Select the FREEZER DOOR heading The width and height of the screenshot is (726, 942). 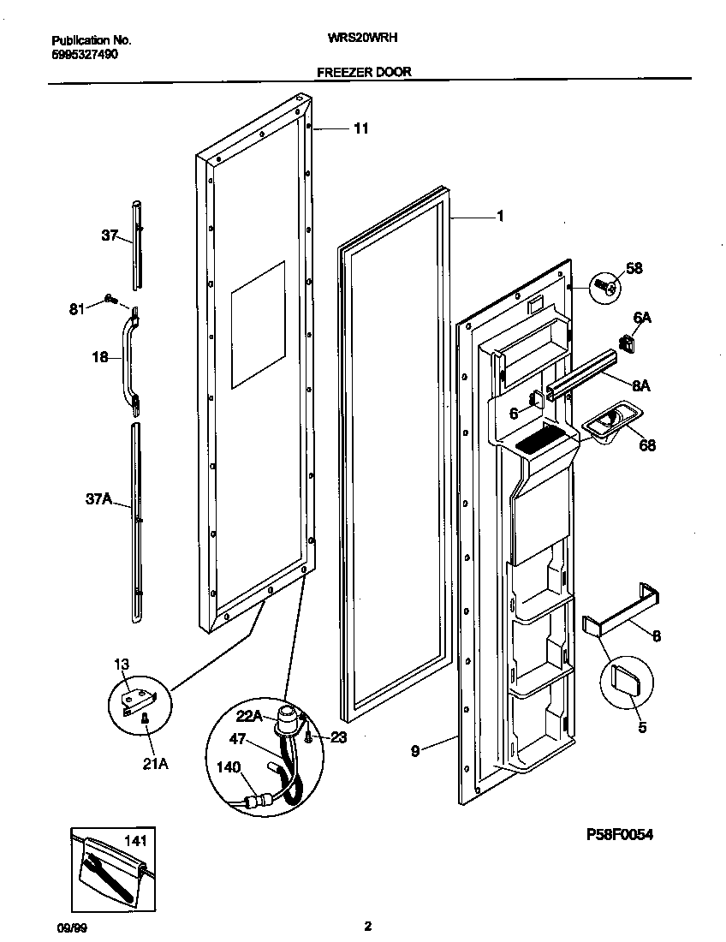(x=364, y=73)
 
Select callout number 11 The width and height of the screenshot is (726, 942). (x=360, y=128)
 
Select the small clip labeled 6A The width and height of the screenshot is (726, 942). (x=628, y=343)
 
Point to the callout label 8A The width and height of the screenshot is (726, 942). (x=640, y=385)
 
